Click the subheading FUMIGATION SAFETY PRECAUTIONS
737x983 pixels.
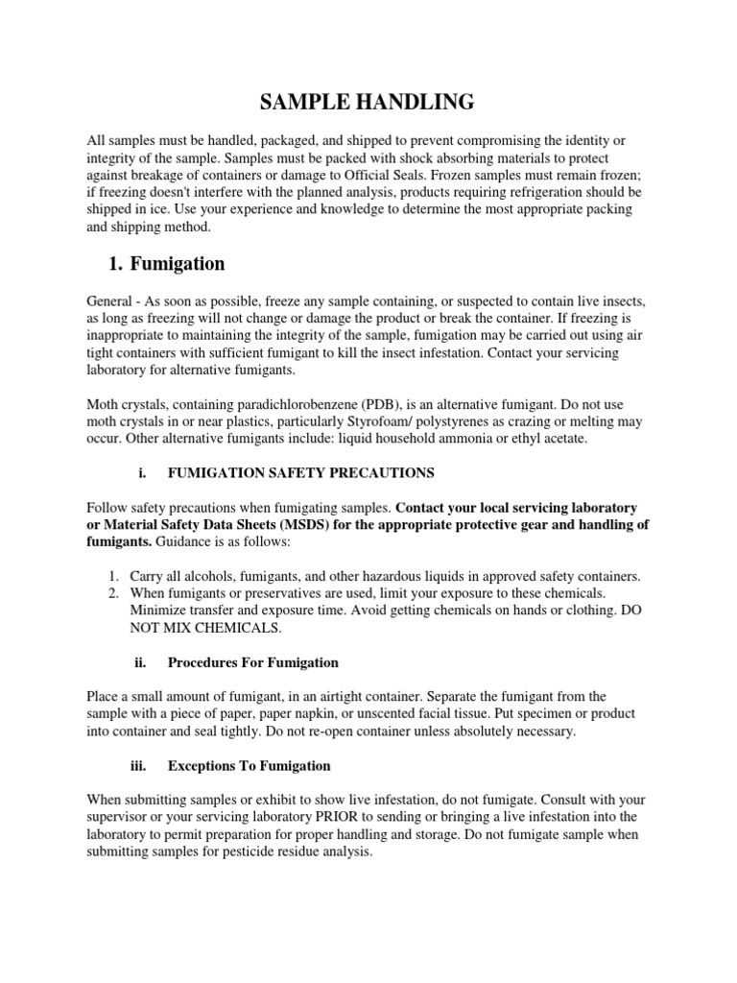click(300, 472)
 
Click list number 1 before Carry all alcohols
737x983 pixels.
click(113, 576)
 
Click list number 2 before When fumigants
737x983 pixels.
click(113, 593)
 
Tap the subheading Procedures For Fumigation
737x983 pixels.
click(252, 662)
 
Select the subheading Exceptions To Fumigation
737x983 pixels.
click(249, 766)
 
